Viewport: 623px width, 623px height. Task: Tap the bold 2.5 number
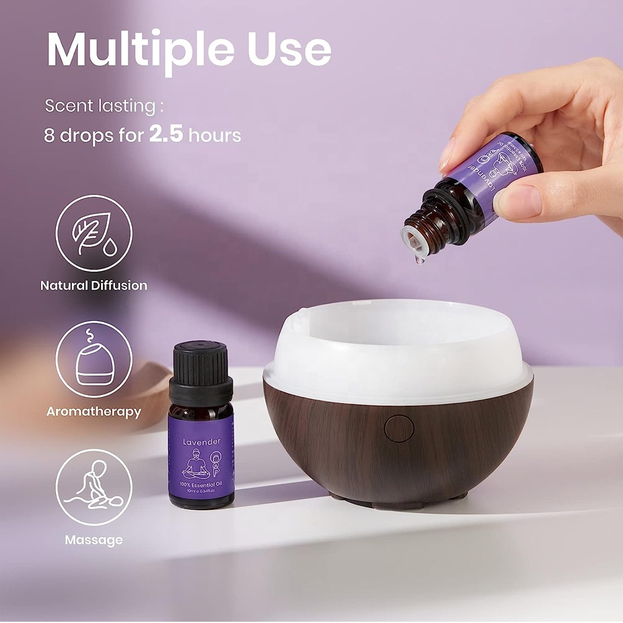pos(166,134)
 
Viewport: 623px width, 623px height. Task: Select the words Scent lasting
pos(100,106)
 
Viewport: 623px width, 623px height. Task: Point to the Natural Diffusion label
pos(93,286)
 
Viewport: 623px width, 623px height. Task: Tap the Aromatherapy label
pos(93,412)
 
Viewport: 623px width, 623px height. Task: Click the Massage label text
pos(93,540)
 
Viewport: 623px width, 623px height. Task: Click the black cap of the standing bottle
pos(201,368)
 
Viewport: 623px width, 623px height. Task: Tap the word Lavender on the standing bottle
pos(201,442)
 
